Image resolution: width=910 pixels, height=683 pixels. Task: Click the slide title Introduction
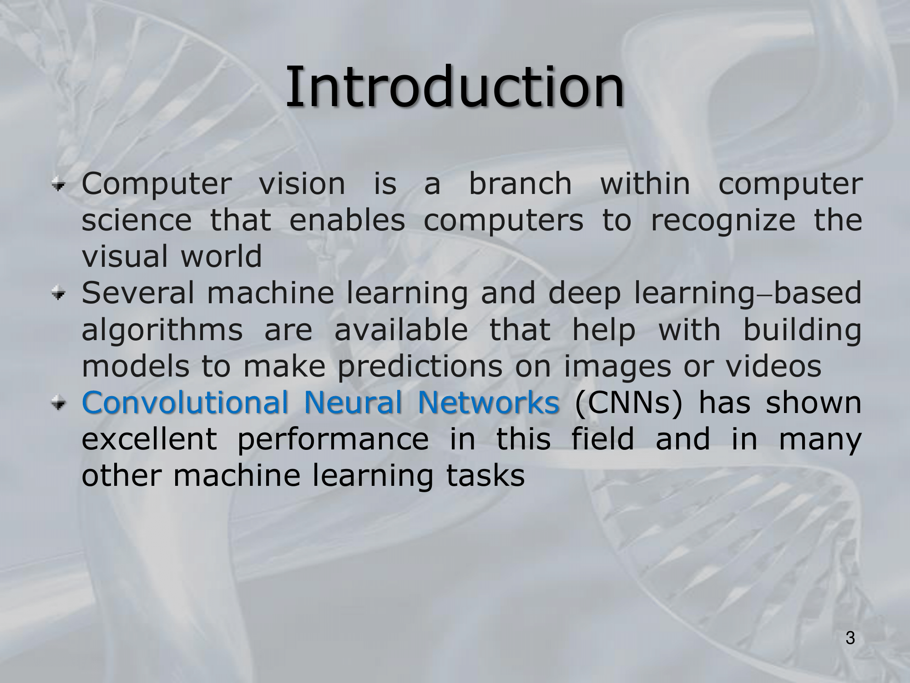click(x=455, y=87)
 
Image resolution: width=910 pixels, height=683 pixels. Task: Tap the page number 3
click(x=850, y=638)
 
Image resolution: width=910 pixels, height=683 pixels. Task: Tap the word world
click(x=222, y=256)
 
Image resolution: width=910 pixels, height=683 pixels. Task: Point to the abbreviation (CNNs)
click(x=629, y=403)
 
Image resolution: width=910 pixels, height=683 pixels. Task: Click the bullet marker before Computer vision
click(x=58, y=184)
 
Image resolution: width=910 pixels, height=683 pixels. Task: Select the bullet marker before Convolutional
click(x=58, y=403)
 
